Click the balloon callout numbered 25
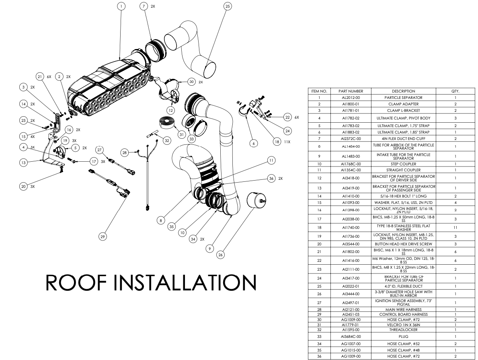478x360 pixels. [x=228, y=6]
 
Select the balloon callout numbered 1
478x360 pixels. [x=121, y=6]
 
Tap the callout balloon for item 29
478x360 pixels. [x=103, y=237]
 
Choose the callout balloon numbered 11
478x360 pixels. [x=271, y=160]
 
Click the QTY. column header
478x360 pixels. [x=455, y=91]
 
